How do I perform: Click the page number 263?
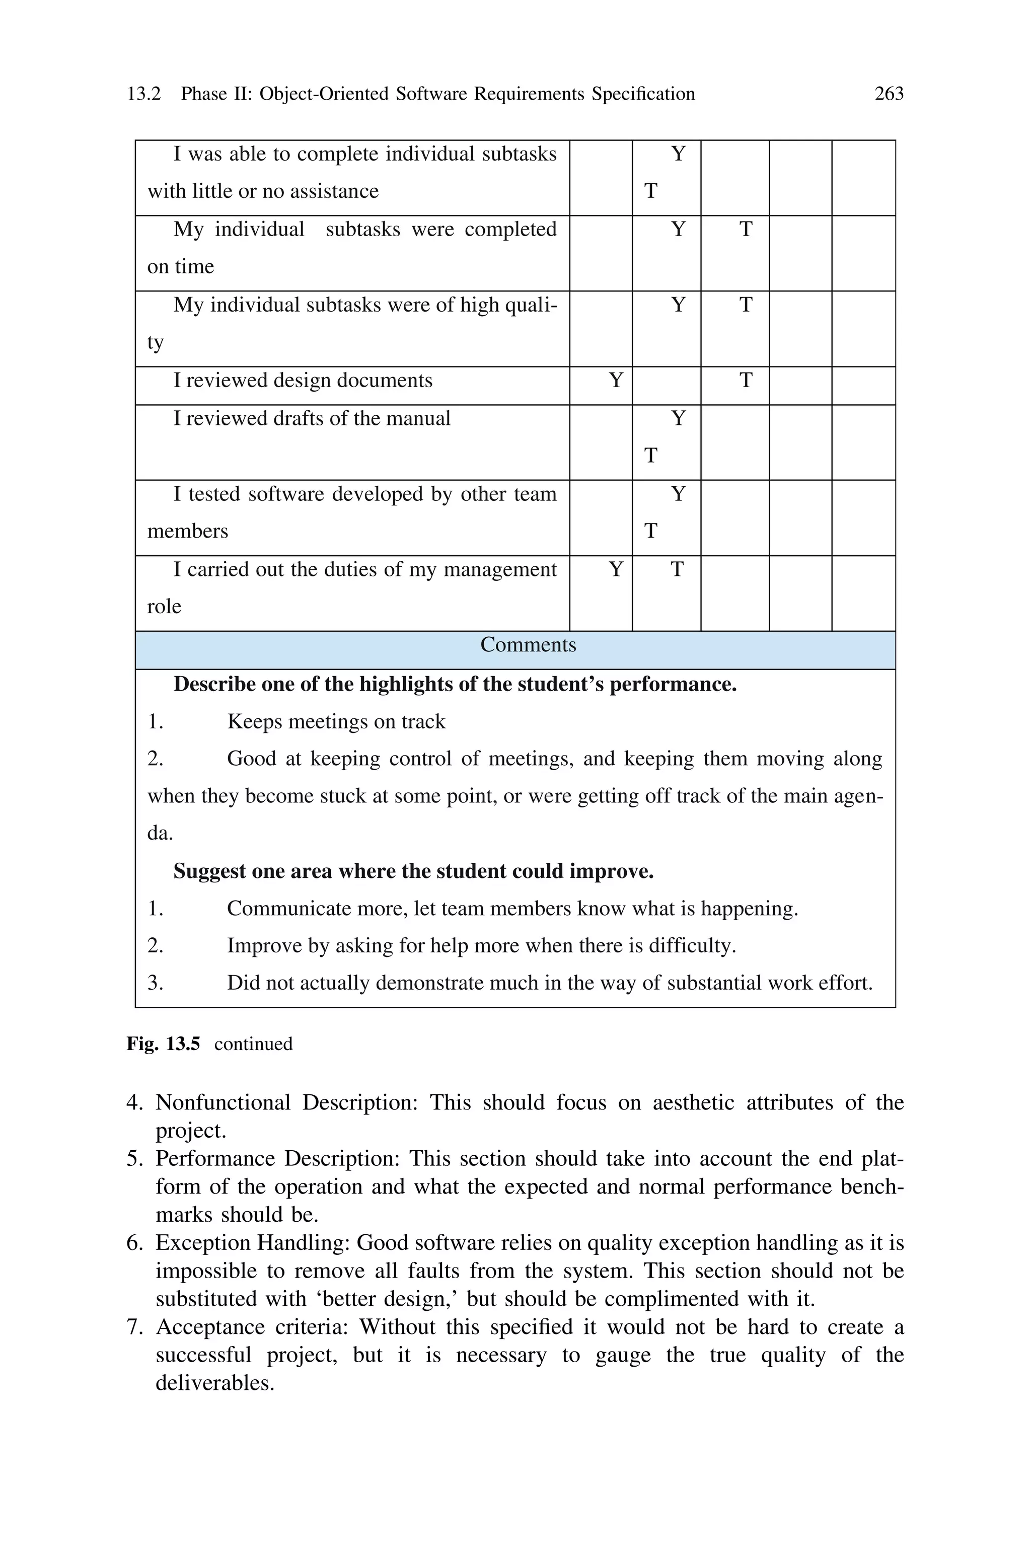click(x=889, y=94)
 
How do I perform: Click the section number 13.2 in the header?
click(x=143, y=94)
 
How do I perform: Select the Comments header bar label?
click(x=528, y=645)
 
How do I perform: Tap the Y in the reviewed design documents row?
click(x=616, y=381)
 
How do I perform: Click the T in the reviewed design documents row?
click(x=746, y=381)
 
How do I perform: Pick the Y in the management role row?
click(x=616, y=569)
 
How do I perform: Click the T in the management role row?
click(x=677, y=569)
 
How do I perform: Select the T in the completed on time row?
click(x=746, y=230)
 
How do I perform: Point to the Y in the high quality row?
click(x=678, y=305)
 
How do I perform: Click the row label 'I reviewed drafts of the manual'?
click(x=312, y=419)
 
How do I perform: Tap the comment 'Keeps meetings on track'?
click(x=336, y=722)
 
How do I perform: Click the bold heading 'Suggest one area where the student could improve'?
click(x=413, y=871)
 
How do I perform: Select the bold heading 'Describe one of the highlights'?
click(x=455, y=684)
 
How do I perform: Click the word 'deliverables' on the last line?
click(x=214, y=1383)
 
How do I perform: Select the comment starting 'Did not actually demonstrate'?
click(x=549, y=983)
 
